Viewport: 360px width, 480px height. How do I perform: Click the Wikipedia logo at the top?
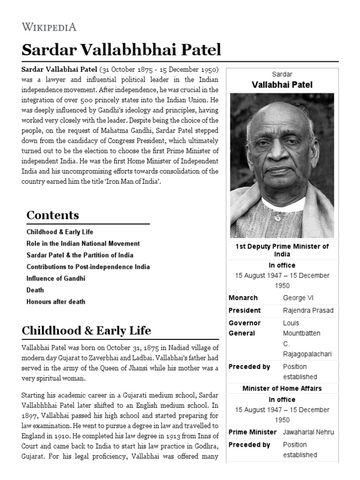click(49, 27)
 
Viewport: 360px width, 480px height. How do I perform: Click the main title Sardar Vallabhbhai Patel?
click(121, 49)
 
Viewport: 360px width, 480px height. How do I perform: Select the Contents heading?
click(52, 215)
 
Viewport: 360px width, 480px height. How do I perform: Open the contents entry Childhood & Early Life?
click(60, 232)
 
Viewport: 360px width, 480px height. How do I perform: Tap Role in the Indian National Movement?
click(83, 244)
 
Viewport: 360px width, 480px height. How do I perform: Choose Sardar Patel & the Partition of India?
click(80, 255)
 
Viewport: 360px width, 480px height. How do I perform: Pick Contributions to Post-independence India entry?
click(88, 267)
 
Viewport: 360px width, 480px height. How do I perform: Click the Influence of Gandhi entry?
click(56, 278)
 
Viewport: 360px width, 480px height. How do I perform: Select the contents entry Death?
click(35, 290)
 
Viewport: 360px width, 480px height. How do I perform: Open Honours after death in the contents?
click(56, 302)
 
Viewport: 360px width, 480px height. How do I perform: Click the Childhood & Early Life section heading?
click(86, 330)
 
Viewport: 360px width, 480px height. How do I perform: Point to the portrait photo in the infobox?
click(282, 165)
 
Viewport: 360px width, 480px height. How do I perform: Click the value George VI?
click(298, 298)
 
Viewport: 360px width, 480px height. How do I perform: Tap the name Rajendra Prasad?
click(308, 310)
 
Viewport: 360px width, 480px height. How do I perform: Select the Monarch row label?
click(243, 298)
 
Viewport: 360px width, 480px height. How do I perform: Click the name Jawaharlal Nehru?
click(308, 432)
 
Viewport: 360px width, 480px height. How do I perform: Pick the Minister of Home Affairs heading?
click(282, 389)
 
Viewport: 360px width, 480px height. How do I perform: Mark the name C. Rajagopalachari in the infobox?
click(307, 349)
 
